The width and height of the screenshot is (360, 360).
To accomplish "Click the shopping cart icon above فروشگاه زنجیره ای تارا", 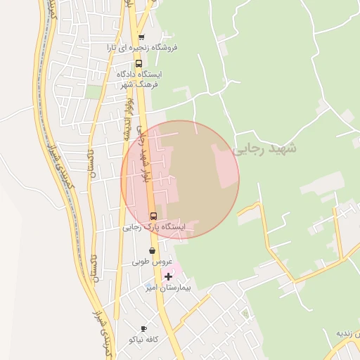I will [x=141, y=37].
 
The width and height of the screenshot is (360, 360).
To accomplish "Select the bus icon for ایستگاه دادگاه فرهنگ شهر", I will [x=138, y=63].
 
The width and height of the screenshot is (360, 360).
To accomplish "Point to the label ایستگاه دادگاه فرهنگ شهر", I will [x=141, y=79].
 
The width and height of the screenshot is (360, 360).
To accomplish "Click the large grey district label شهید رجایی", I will [x=265, y=149].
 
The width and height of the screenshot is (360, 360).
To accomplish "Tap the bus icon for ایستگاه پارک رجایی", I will [x=153, y=216].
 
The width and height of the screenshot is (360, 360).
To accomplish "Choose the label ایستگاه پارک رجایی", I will [x=154, y=227].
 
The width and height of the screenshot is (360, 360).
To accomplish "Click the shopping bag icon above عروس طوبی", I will [x=152, y=250].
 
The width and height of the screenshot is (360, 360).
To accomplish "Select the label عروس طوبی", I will [x=152, y=262].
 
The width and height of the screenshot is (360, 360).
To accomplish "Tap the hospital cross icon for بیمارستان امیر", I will [x=168, y=277].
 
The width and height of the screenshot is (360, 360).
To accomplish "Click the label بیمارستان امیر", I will [x=168, y=288].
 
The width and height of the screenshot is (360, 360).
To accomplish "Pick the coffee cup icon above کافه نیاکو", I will [x=144, y=328].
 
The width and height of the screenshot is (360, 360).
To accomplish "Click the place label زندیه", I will [x=348, y=333].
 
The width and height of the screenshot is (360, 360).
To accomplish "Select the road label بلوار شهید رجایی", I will [x=143, y=156].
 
